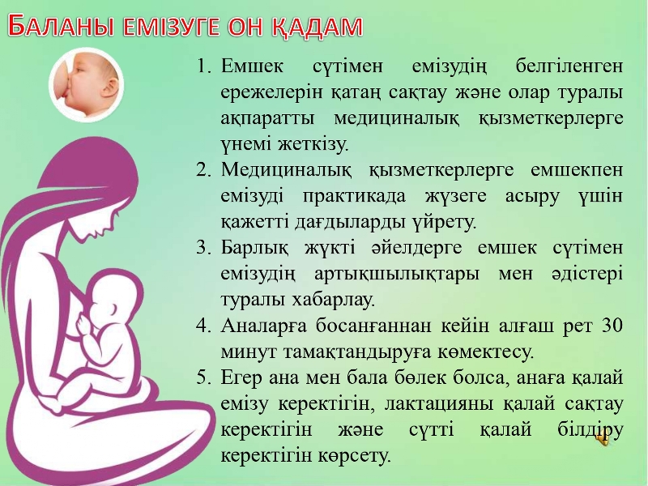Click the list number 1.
pyautogui.click(x=203, y=66)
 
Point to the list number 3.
pyautogui.click(x=204, y=247)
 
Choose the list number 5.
pyautogui.click(x=204, y=377)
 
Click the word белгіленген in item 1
pyautogui.click(x=569, y=66)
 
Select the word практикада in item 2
pyautogui.click(x=354, y=196)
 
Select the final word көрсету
pyautogui.click(x=355, y=456)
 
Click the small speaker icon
pyautogui.click(x=603, y=441)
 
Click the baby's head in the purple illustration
pyautogui.click(x=116, y=293)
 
